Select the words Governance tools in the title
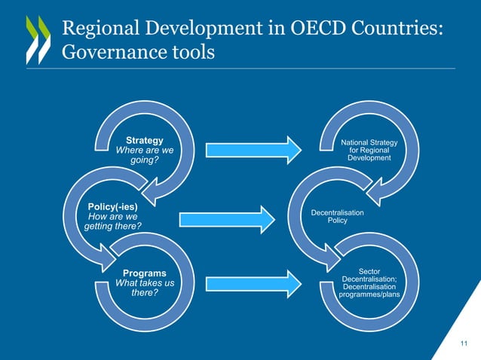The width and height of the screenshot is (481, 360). coord(138,53)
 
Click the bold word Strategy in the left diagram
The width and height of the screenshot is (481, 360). coord(144,140)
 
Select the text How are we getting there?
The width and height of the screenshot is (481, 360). coord(112,220)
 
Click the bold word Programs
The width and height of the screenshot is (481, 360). coord(145,273)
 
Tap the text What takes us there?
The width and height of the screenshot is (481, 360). coord(145,288)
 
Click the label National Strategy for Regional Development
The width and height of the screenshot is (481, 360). coord(369,150)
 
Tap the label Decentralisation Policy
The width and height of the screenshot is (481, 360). coord(337,217)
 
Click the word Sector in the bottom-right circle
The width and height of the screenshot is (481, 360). coord(369,271)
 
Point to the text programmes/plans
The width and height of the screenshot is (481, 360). coord(369,294)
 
